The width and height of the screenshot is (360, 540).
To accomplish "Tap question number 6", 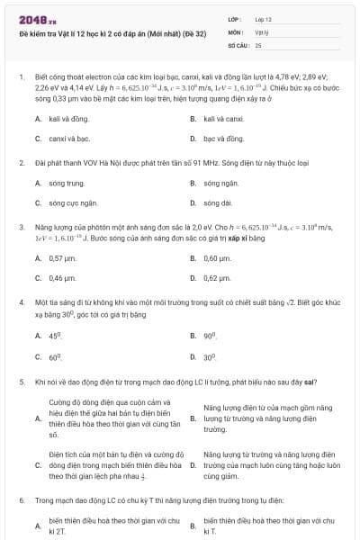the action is (21, 498).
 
